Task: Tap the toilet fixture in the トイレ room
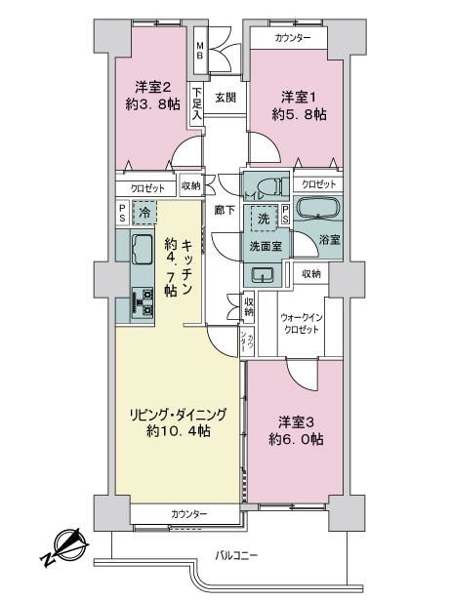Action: [273, 187]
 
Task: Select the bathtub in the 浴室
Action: [318, 208]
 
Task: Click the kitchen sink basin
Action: [143, 249]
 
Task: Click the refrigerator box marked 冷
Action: [144, 213]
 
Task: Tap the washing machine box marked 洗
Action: [264, 220]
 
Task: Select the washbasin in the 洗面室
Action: [263, 274]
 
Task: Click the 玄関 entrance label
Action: [225, 98]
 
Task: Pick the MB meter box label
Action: [200, 51]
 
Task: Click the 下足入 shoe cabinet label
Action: [197, 103]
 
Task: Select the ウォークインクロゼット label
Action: [301, 324]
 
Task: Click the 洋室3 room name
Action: [297, 422]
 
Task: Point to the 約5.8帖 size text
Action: [299, 114]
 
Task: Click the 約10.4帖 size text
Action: [178, 431]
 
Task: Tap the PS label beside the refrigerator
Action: [122, 213]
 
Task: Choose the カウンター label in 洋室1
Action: [293, 37]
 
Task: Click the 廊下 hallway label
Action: [225, 210]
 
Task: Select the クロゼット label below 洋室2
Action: [147, 188]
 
